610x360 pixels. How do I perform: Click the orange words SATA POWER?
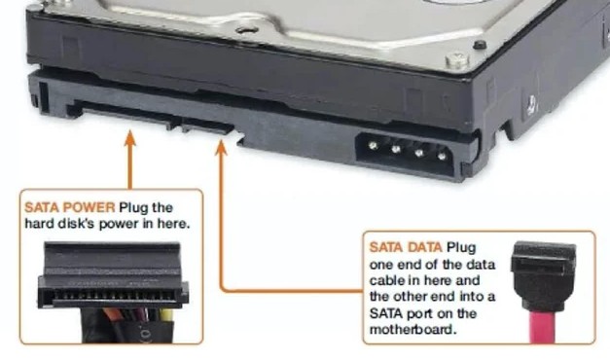pos(70,207)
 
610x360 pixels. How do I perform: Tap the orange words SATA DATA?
pos(406,247)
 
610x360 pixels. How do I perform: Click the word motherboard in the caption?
pos(413,330)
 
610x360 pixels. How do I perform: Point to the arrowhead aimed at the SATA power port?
pos(130,138)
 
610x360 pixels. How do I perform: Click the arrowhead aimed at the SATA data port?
pos(222,148)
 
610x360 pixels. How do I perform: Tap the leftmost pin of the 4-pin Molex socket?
pos(373,146)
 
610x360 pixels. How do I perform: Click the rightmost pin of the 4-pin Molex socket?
pos(442,157)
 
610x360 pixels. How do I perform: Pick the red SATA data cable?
pos(543,327)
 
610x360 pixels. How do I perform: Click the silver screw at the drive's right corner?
pos(457,60)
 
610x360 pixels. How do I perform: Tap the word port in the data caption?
pos(419,313)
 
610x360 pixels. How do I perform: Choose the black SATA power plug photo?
pos(113,292)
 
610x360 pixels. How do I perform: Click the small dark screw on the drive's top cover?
pos(480,45)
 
